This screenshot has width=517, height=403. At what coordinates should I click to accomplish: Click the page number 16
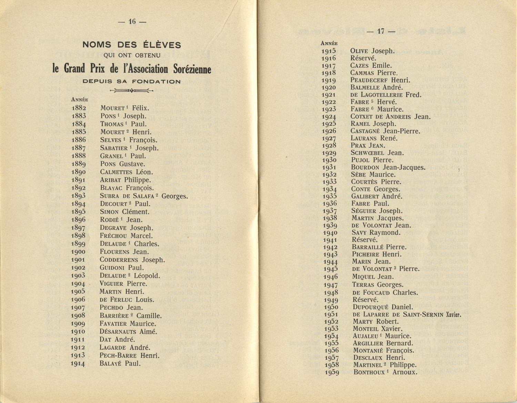pyautogui.click(x=132, y=21)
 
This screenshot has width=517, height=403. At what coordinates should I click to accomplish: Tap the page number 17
pyautogui.click(x=381, y=31)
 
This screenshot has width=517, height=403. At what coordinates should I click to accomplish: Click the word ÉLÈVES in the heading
pyautogui.click(x=161, y=45)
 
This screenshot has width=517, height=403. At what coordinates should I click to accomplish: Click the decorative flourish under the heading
pyautogui.click(x=132, y=91)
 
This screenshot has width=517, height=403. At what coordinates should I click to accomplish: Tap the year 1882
pyautogui.click(x=79, y=108)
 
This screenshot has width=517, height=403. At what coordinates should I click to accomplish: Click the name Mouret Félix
pyautogui.click(x=124, y=108)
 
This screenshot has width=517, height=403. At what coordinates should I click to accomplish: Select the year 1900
pyautogui.click(x=79, y=252)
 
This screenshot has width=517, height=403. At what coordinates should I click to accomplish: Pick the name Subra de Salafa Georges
pyautogui.click(x=144, y=196)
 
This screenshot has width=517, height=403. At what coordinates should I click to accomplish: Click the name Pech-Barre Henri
pyautogui.click(x=129, y=355)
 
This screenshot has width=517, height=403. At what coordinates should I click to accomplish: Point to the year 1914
pyautogui.click(x=79, y=364)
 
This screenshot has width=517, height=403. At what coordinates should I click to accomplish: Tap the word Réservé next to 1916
pyautogui.click(x=363, y=58)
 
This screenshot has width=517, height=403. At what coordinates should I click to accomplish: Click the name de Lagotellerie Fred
pyautogui.click(x=386, y=95)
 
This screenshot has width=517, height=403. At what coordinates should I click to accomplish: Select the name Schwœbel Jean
pyautogui.click(x=377, y=153)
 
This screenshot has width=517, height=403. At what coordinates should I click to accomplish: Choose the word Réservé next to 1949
pyautogui.click(x=365, y=300)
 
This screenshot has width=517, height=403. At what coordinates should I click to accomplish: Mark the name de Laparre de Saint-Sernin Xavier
pyautogui.click(x=407, y=314)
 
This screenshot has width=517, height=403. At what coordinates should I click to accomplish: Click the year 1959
pyautogui.click(x=332, y=372)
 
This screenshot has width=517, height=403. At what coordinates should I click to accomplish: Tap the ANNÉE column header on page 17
pyautogui.click(x=329, y=43)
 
